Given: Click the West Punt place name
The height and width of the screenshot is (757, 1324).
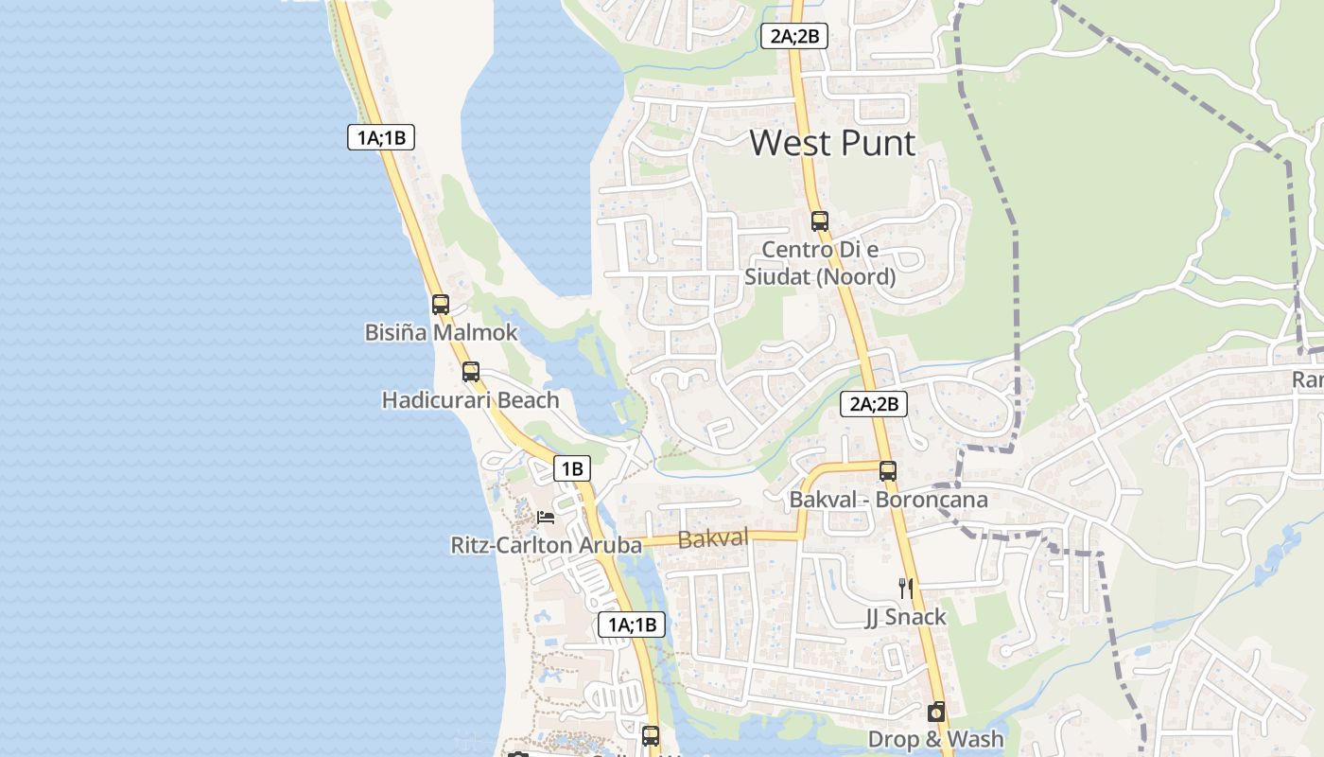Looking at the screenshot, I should (x=832, y=143).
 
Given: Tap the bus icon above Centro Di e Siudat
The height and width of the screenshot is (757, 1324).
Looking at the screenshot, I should (x=820, y=221).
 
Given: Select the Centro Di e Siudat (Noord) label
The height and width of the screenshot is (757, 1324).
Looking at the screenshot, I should (x=820, y=263).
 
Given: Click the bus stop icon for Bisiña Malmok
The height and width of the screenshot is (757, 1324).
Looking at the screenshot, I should (x=441, y=305).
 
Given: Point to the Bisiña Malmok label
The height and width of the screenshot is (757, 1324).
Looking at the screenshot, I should (x=442, y=332).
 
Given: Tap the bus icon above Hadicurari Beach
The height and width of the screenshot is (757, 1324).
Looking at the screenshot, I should (x=471, y=372).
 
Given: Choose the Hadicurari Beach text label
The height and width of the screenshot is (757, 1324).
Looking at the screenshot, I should (x=470, y=400).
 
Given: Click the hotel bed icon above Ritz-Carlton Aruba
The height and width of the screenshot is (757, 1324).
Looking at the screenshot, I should (x=546, y=517).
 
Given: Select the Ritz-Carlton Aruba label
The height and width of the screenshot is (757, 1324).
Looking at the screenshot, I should (x=546, y=545).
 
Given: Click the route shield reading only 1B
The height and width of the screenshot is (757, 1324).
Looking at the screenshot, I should (x=571, y=468).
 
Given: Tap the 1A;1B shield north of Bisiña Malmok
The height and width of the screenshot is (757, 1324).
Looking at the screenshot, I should (x=380, y=137).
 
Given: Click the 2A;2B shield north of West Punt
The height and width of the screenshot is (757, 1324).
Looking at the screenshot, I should (x=794, y=37).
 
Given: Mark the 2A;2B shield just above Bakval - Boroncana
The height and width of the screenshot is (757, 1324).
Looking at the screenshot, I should (x=874, y=404).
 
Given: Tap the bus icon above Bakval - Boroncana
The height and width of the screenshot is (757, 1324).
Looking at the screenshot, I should (x=888, y=470).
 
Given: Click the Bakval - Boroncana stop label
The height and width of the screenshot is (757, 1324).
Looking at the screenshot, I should (x=888, y=499).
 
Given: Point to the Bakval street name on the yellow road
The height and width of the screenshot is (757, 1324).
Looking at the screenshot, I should (x=713, y=539).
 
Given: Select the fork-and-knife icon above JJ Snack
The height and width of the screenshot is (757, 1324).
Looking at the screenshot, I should (x=906, y=589).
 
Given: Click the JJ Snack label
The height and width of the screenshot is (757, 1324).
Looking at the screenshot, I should (x=906, y=617).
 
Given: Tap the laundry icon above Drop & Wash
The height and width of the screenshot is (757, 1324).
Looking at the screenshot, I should (x=936, y=712).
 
